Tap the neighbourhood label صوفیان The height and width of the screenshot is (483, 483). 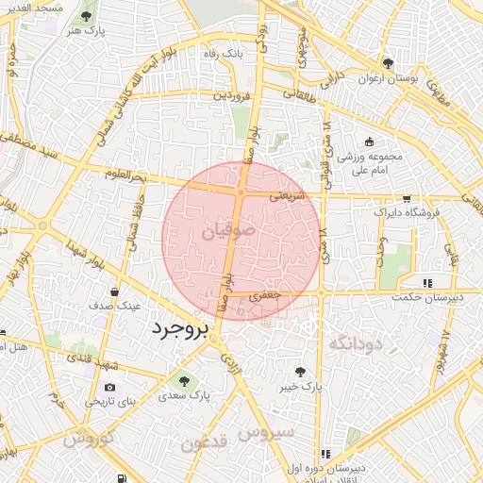tap(227, 230)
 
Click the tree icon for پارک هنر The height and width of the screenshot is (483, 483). tap(88, 16)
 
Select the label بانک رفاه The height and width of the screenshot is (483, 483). tap(224, 54)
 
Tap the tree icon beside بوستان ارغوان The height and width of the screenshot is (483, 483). tap(388, 63)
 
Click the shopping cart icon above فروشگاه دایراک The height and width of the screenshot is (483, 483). tap(406, 198)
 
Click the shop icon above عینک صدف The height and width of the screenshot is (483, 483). tap(114, 291)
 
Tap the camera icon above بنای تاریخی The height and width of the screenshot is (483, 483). tap(110, 387)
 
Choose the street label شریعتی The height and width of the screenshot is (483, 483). tap(288, 197)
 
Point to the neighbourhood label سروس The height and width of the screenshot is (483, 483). tap(266, 433)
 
